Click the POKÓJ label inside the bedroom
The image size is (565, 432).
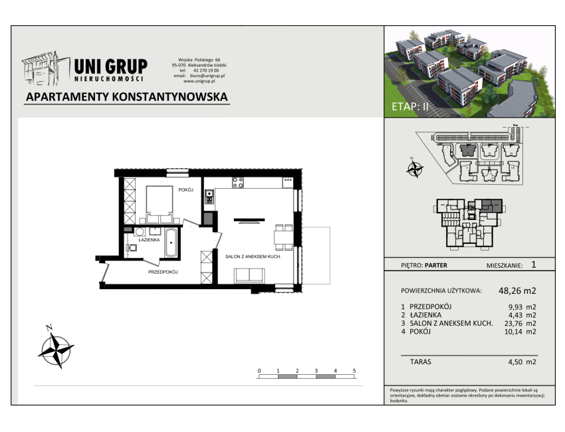pos(186,190)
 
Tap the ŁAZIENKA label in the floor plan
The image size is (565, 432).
pos(149,240)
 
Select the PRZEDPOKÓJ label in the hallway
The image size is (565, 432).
pos(163,272)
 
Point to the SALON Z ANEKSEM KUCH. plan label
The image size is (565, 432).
pos(253,257)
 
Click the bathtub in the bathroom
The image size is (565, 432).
pos(171,243)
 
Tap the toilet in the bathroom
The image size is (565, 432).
pos(131,247)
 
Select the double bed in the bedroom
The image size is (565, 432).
pos(160,204)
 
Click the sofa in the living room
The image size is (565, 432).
pos(249,276)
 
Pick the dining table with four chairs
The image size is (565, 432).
pos(284,237)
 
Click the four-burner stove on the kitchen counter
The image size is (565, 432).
pos(237,183)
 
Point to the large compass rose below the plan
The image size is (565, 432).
pos(56,349)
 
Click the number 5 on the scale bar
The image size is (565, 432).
pos(354,371)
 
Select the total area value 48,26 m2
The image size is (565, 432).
pos(517,290)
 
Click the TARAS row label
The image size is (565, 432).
pos(421,362)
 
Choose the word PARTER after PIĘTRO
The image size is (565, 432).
pos(436,266)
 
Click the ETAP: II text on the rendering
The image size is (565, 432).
pos(409,106)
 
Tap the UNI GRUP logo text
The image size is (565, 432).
pos(110,66)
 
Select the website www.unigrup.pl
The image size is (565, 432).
pos(199,82)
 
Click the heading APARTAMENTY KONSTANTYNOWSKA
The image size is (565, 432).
pos(127,96)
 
